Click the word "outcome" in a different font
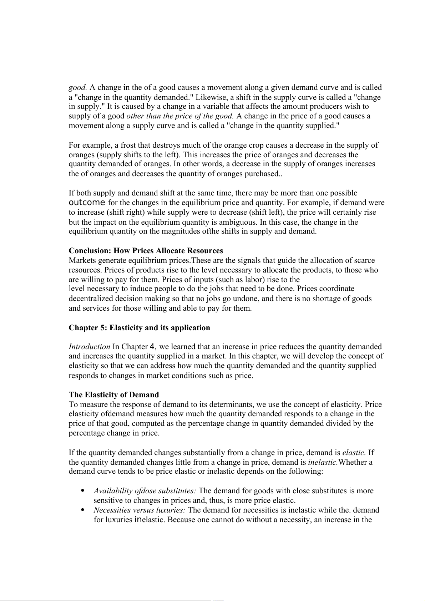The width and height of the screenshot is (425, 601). pyautogui.click(x=87, y=203)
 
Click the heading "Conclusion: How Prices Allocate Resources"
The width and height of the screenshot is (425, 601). pyautogui.click(x=146, y=251)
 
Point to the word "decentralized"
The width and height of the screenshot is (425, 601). pyautogui.click(x=90, y=299)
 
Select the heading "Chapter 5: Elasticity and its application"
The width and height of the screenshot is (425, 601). pyautogui.click(x=139, y=328)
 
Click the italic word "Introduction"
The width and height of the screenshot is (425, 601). pyautogui.click(x=89, y=347)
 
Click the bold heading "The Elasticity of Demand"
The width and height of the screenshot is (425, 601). pyautogui.click(x=114, y=395)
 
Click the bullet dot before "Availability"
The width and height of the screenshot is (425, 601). pyautogui.click(x=83, y=491)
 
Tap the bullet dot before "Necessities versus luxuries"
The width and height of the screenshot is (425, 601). pyautogui.click(x=83, y=510)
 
